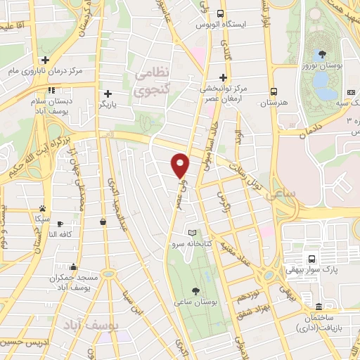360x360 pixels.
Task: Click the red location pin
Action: pyautogui.click(x=180, y=165)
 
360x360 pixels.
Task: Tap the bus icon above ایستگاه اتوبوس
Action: pyautogui.click(x=221, y=13)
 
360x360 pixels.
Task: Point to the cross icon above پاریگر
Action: pyautogui.click(x=108, y=94)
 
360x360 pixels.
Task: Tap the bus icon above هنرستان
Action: pyautogui.click(x=274, y=91)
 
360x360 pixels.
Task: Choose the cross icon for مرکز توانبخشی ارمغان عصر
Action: pyautogui.click(x=224, y=77)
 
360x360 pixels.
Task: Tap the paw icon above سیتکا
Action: pyautogui.click(x=42, y=209)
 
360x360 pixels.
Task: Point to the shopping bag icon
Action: pyautogui.click(x=103, y=222)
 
